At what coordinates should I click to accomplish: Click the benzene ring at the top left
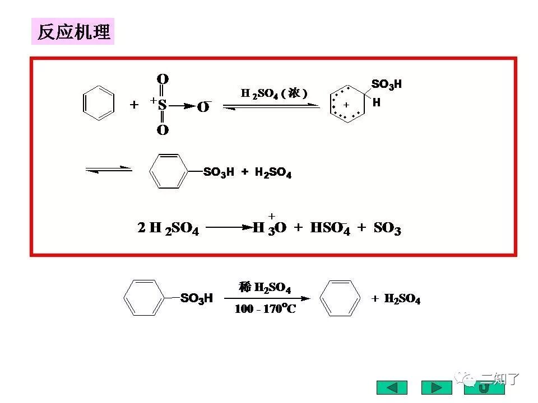[99, 103]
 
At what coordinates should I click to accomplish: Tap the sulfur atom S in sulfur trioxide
[162, 105]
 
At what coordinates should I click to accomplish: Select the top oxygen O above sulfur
[163, 79]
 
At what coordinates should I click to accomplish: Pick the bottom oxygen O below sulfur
[163, 130]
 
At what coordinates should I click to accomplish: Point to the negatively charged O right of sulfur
[203, 107]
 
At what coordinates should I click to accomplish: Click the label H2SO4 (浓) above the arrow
[274, 93]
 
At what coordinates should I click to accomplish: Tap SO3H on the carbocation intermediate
[387, 85]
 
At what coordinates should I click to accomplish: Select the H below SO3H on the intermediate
[377, 102]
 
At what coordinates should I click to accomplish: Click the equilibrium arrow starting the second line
[108, 169]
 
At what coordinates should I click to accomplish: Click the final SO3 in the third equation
[387, 228]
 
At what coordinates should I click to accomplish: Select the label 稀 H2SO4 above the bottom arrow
[265, 288]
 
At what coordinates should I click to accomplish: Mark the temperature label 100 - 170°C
[265, 308]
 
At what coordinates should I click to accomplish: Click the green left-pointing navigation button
[392, 387]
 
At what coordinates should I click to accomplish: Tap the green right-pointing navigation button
[436, 387]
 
